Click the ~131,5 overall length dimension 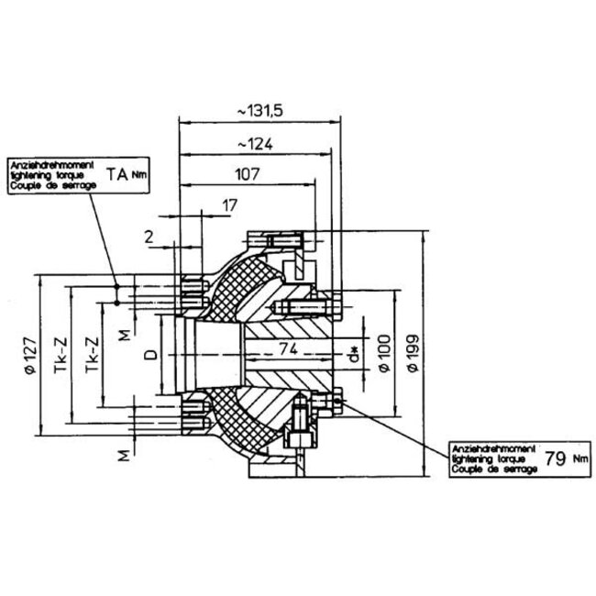click(260, 110)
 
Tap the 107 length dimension click(248, 173)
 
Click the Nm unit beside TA click(138, 173)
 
